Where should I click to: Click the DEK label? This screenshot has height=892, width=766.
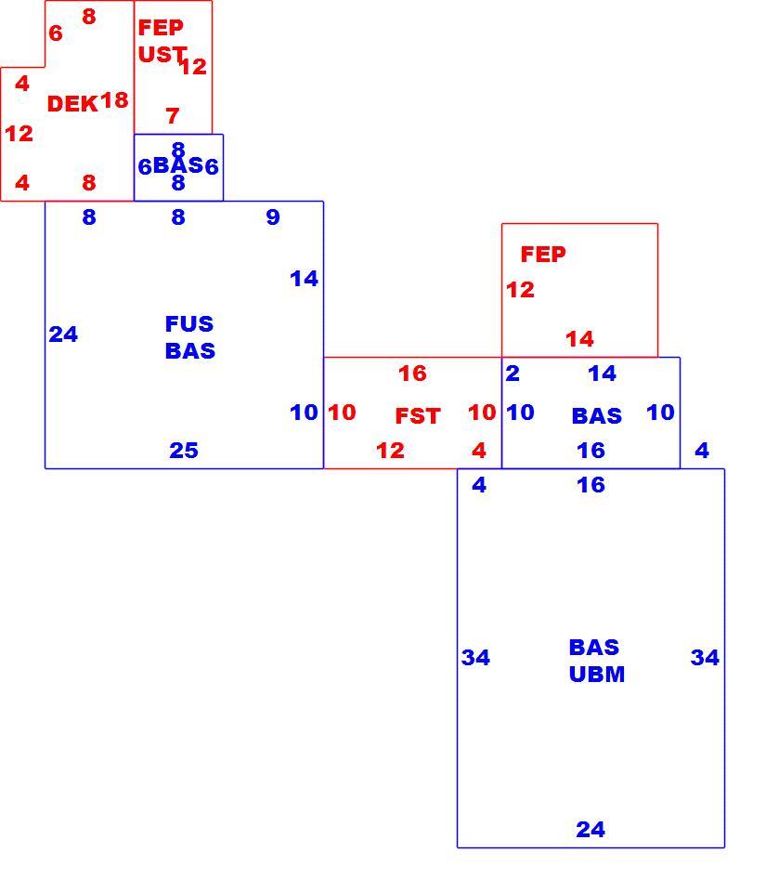(72, 104)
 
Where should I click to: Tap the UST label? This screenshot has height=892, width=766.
(162, 55)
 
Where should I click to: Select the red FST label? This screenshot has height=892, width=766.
(418, 416)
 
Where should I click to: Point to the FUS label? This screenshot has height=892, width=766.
(189, 323)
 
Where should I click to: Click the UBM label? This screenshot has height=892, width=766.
(597, 675)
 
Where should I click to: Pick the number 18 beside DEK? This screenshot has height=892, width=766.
(114, 100)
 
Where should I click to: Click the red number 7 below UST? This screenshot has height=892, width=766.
(173, 116)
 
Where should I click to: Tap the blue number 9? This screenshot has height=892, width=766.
(273, 216)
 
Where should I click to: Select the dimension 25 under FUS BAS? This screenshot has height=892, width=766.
(184, 451)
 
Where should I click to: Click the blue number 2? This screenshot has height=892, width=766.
(513, 374)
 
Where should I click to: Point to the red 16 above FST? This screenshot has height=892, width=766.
(412, 374)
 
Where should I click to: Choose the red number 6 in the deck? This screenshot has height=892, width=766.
(56, 33)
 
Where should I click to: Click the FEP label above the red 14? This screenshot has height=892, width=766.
(543, 255)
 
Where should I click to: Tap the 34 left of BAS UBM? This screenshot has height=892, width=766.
(475, 658)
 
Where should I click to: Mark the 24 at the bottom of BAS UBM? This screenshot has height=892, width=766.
(591, 830)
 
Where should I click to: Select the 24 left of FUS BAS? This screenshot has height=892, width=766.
(63, 334)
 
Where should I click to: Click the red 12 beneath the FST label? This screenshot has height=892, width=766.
(390, 451)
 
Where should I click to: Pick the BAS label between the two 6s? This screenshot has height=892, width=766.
(178, 165)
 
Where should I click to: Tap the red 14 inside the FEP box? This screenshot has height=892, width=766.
(579, 339)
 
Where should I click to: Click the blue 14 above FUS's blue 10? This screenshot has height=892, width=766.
(304, 279)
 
